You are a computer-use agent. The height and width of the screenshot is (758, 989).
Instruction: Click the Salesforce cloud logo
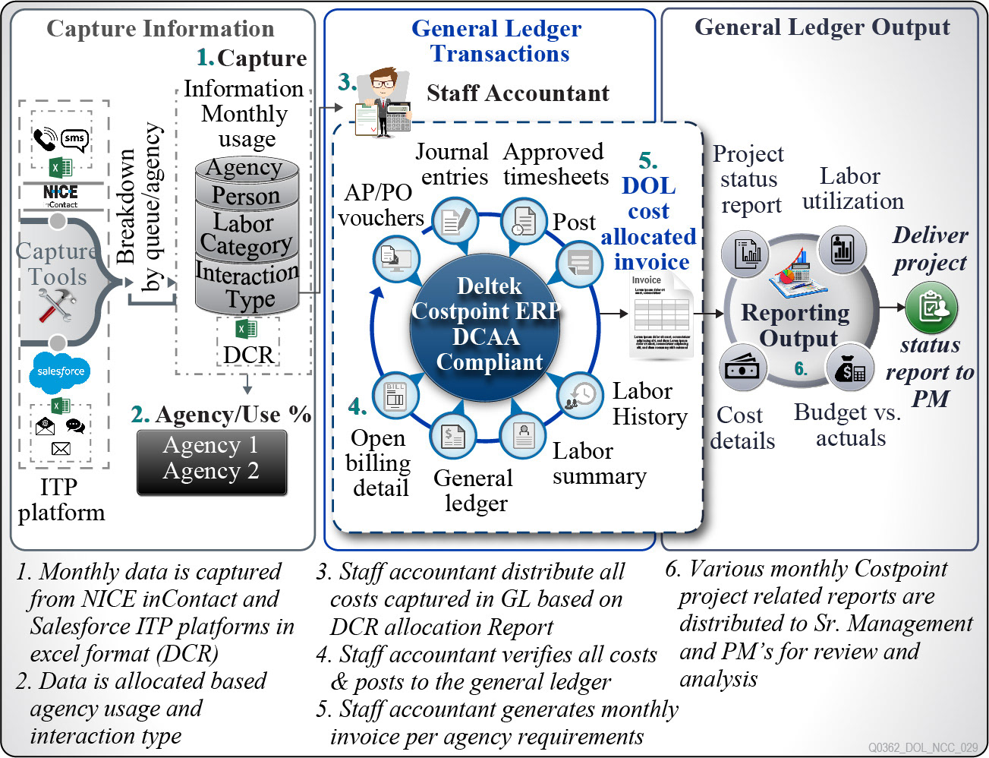pos(61,371)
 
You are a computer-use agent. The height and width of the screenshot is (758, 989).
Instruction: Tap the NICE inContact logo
pos(61,195)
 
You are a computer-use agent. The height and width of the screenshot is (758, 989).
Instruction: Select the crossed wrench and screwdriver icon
pos(57,305)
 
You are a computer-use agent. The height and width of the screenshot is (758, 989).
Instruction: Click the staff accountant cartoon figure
pos(384,102)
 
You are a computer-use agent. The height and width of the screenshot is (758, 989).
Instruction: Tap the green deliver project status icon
pos(931,308)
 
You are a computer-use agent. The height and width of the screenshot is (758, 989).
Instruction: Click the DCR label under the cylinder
pos(247,355)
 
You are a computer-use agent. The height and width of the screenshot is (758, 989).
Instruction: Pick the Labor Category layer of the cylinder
pos(246,234)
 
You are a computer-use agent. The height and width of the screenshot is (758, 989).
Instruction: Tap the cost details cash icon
pos(742,368)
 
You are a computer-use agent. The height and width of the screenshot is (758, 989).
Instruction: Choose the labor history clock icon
pos(580,395)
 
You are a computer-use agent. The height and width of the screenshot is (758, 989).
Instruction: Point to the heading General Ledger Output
pos(822,28)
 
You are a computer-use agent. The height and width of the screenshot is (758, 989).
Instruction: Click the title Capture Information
pos(160,29)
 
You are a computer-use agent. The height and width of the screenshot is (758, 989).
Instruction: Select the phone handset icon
pos(45,140)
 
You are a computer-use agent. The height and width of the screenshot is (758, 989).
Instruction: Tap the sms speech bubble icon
pos(74,139)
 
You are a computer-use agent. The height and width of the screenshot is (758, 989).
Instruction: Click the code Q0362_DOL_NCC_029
pos(923,747)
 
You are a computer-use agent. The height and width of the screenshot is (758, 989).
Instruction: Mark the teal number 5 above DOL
pos(647,161)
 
